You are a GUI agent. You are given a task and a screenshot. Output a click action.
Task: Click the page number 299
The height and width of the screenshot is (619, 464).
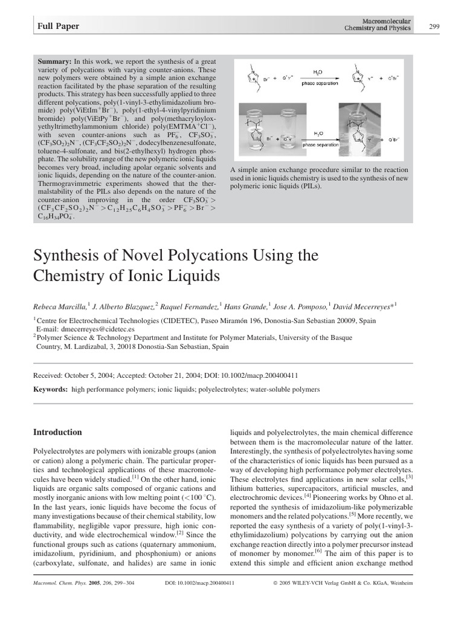[x=434, y=25]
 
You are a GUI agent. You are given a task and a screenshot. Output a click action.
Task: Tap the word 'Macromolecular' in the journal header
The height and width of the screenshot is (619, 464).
[x=386, y=22]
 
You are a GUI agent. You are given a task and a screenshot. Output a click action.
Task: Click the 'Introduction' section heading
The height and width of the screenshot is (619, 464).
[x=57, y=432]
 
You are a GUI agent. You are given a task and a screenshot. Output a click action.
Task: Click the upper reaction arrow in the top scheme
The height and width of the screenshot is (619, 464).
[x=318, y=79]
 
